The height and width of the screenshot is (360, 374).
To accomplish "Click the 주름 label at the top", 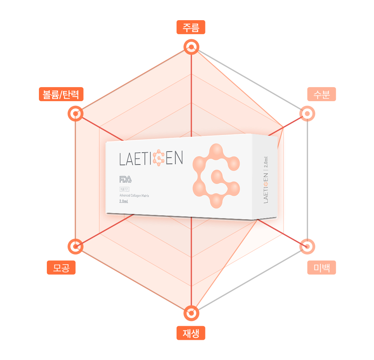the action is pos(191,27).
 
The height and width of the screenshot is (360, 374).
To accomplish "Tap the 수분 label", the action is pos(321,94).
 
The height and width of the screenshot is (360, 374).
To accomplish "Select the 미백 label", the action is pos(321,267).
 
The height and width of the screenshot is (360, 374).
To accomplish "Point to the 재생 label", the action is pos(191,333).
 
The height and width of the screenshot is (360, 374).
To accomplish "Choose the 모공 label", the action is pos(61,267).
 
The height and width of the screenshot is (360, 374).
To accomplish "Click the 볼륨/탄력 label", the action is pos(61,94).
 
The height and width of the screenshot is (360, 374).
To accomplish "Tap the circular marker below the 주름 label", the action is pos(191,47).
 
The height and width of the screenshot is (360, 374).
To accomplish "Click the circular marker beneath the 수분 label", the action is pos(307,114).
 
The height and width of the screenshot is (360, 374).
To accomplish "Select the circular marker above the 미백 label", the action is pos(307,247).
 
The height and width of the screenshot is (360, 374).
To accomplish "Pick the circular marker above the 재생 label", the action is pos(191,313).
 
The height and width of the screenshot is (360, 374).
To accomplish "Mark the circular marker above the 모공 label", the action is pos(75,247).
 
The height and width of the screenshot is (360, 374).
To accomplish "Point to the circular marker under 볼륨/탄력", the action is pos(75,114).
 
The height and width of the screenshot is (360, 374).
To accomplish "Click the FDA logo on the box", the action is pos(125,179).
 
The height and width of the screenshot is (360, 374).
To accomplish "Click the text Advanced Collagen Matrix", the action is pos(139,195).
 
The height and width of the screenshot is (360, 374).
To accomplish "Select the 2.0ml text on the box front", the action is pos(124,202).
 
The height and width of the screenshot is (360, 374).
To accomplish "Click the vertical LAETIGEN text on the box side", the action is pos(266,188).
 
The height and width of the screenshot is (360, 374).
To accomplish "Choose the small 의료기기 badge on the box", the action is pos(124,189).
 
